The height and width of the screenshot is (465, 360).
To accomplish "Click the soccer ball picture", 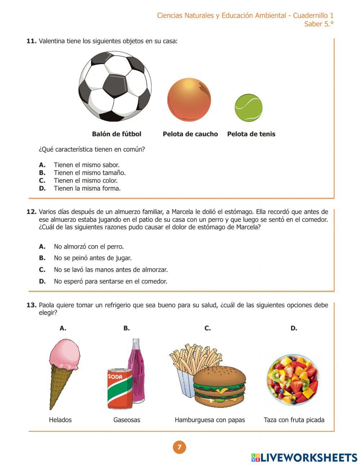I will pos(115,86).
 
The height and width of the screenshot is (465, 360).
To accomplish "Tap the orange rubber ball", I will pos(189,100).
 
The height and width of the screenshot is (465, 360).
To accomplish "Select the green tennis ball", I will pos(248,108).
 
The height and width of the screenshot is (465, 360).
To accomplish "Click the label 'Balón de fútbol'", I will pos(117,134).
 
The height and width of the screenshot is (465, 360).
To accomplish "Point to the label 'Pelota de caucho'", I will pos(190,134).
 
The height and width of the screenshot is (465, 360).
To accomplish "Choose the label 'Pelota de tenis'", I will pos(251,134).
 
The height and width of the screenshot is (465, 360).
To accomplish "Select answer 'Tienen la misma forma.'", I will pos(87,188).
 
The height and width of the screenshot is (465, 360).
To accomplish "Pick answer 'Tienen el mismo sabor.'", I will pos(86,165).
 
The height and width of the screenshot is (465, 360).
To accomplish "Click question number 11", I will pos(31,41).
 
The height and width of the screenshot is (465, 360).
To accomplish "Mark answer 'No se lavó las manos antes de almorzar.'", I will pos(111,269).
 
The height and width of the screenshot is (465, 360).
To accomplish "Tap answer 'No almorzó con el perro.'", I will pos(89,247).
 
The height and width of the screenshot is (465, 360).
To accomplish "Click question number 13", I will pos(31,305).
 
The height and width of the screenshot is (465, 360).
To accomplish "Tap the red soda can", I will pos(120,388).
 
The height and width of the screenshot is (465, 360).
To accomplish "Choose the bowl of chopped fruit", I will pos(293,380).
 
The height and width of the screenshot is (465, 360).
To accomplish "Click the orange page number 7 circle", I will pos(179,447).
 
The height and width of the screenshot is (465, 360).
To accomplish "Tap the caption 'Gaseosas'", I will pos(127,420).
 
